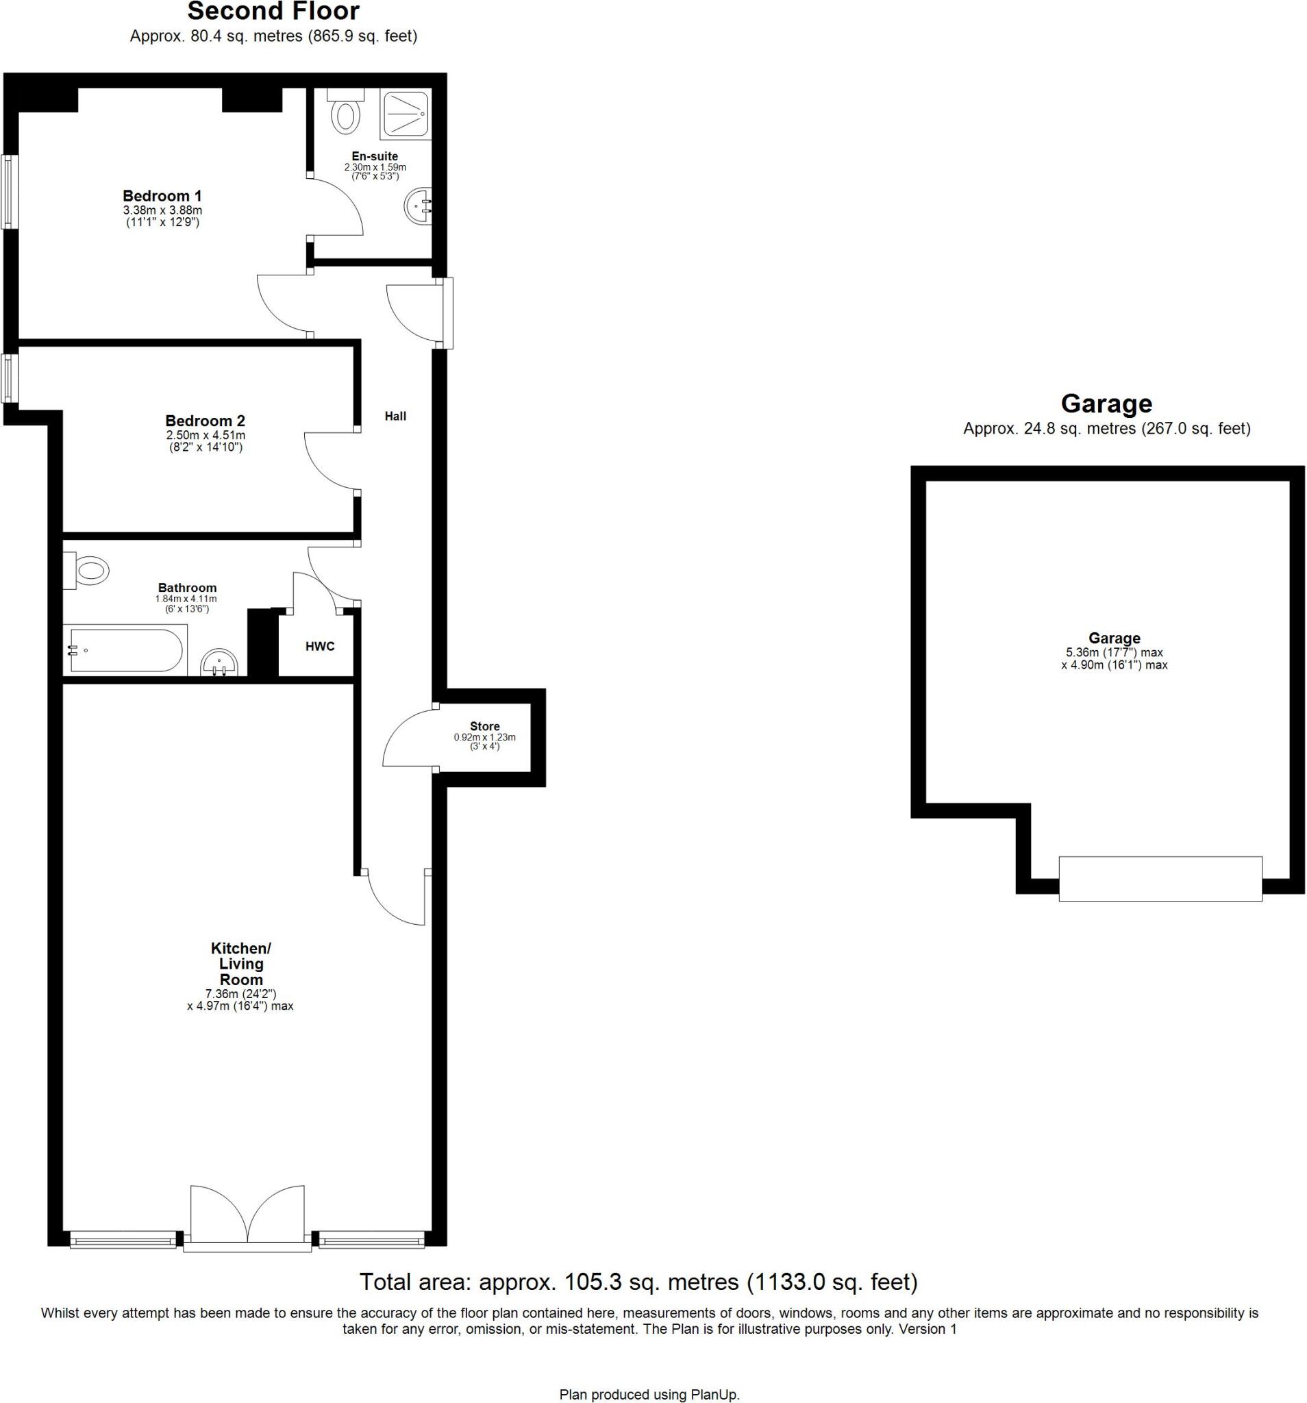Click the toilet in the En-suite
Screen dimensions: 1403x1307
(x=345, y=113)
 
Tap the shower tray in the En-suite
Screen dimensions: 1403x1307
(x=405, y=114)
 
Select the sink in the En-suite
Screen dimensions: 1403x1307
(x=419, y=207)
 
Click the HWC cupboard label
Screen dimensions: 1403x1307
(x=320, y=646)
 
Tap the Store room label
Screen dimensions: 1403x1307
(x=484, y=726)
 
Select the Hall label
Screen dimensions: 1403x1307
(x=395, y=417)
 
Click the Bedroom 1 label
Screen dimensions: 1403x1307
(x=162, y=195)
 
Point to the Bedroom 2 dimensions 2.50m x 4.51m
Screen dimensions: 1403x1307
(x=206, y=436)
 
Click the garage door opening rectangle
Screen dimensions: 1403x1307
(x=1160, y=879)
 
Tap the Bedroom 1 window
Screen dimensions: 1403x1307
(x=9, y=190)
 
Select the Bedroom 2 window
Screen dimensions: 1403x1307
(x=9, y=377)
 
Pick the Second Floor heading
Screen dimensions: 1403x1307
(x=273, y=11)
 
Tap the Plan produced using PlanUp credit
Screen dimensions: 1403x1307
(x=649, y=1395)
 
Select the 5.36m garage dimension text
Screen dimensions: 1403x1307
(x=1114, y=652)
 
